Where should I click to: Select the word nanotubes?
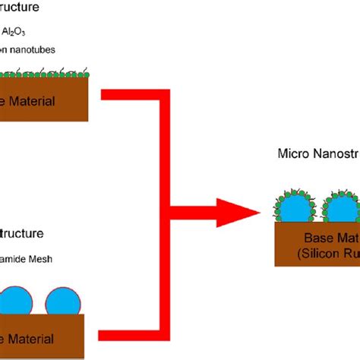click(x=36, y=50)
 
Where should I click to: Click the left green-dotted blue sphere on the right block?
click(x=293, y=203)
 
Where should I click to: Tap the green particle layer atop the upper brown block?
click(x=46, y=74)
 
